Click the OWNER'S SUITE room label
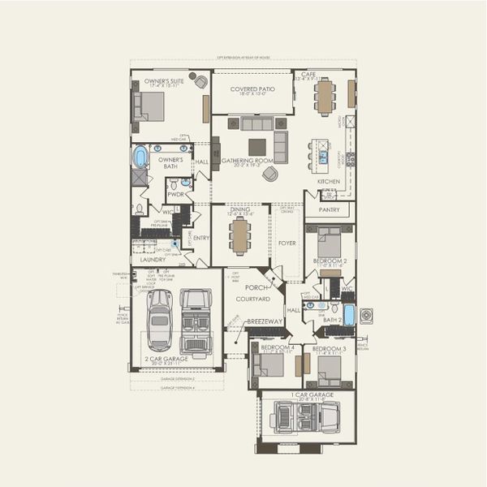[x=164, y=82]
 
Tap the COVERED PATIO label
[x=252, y=88]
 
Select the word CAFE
[x=308, y=75]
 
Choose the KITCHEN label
[x=328, y=181]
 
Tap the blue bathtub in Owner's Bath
[x=140, y=155]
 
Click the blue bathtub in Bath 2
[x=349, y=314]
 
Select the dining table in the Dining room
[x=240, y=236]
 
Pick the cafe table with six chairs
[x=325, y=96]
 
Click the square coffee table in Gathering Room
[x=256, y=146]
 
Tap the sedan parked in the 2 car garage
[x=159, y=319]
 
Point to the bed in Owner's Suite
[x=151, y=106]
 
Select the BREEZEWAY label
[x=264, y=322]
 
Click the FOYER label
[x=287, y=241]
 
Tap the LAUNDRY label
[x=153, y=260]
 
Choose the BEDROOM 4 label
[x=278, y=347]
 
